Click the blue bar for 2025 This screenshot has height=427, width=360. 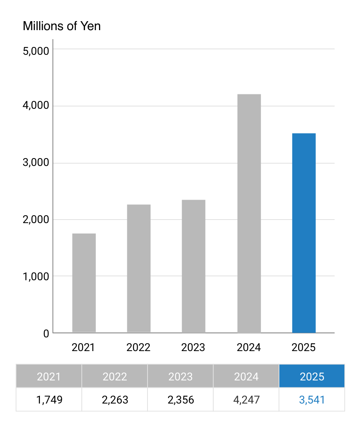pos(304,233)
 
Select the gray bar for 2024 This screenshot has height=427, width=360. pos(249,213)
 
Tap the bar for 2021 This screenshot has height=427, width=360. pos(84,283)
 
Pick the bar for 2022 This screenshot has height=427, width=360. pos(139,268)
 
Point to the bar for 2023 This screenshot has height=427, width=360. pos(193,266)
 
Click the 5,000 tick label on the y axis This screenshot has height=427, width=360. pos(36,51)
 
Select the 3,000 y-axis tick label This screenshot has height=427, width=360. pos(36,163)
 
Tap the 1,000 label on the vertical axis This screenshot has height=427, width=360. pos(36,276)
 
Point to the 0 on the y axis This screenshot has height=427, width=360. pos(46,333)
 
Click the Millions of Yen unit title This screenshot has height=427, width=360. pos(62,26)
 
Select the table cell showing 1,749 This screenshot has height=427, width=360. pos(49,400)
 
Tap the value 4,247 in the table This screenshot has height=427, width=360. pos(246,400)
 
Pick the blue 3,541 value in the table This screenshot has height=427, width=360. pos(312,400)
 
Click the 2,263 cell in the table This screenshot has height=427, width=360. pos(115,400)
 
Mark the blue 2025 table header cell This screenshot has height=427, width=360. pos(312,377)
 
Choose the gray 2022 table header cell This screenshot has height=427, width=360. pos(115,377)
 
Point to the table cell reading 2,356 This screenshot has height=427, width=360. pos(180,400)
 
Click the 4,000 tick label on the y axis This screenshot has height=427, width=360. pos(36,106)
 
